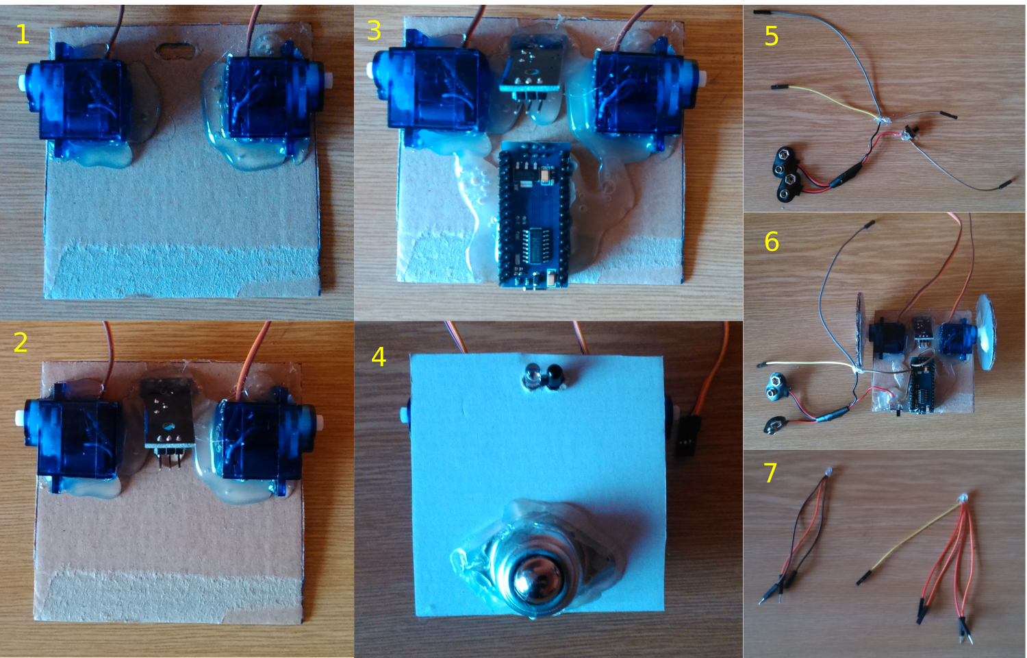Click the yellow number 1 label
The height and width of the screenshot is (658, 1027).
(x=23, y=34)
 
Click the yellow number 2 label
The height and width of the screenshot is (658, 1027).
(x=21, y=342)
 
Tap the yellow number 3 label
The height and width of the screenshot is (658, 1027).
(x=374, y=31)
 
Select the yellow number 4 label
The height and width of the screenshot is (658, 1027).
(x=378, y=356)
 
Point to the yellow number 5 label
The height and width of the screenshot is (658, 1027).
(x=772, y=36)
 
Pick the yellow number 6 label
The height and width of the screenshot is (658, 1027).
(x=772, y=241)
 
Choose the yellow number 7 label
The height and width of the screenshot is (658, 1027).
(x=770, y=473)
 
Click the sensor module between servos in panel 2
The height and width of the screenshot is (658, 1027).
(x=166, y=416)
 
